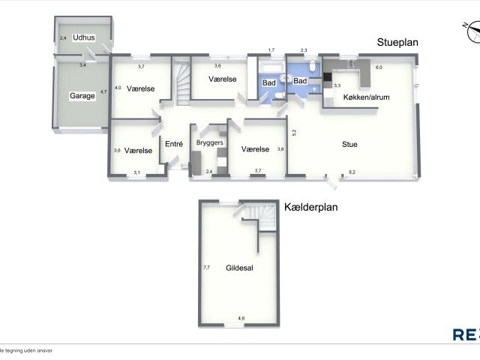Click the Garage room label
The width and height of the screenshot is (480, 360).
click(82, 96)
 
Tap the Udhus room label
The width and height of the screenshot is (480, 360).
click(83, 37)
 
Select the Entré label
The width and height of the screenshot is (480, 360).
click(174, 144)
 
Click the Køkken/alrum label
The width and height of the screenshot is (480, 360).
click(366, 97)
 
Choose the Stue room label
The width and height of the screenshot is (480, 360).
click(350, 144)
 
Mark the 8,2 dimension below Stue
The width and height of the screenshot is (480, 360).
click(352, 173)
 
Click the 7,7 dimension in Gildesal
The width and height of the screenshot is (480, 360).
click(206, 267)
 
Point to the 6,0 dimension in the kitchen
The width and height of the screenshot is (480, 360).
click(379, 67)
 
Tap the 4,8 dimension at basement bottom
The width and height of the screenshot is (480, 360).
click(241, 318)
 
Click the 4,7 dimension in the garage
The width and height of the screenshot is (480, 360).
click(104, 91)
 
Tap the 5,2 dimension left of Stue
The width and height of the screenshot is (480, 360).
click(295, 132)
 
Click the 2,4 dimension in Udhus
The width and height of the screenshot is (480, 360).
click(64, 37)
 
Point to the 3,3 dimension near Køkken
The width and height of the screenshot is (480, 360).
click(337, 86)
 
